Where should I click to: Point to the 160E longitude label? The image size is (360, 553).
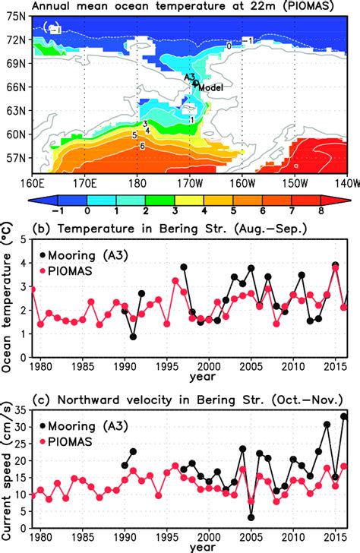tap(30, 183)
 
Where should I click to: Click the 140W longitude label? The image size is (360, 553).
tap(347, 183)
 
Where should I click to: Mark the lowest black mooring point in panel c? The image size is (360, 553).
tap(250, 517)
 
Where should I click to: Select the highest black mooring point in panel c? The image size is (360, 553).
tap(344, 416)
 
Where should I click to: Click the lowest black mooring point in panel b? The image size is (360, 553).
tap(133, 337)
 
